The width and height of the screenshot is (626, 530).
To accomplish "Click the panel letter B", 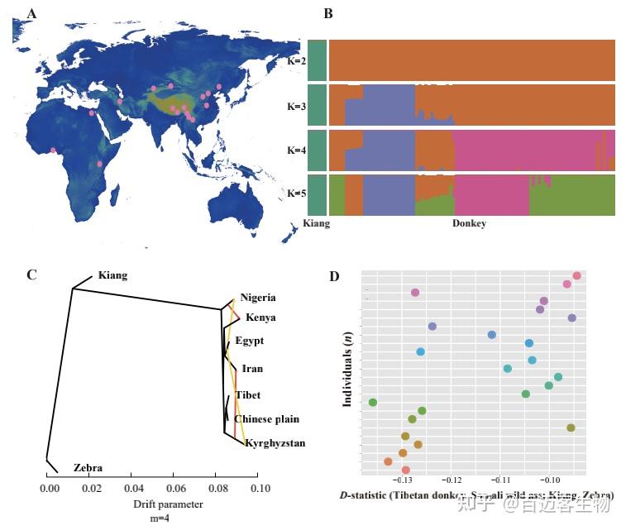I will click(x=328, y=14).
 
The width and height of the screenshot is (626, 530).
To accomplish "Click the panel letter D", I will click(x=334, y=275).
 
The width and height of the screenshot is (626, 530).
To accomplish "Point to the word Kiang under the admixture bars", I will click(x=317, y=224).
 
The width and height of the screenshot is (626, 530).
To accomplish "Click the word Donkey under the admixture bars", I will click(x=469, y=224).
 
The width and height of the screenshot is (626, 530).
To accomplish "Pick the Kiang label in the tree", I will click(x=112, y=275).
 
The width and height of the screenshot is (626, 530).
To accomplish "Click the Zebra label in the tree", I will click(x=88, y=468).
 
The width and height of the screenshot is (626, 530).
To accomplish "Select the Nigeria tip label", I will click(x=258, y=298).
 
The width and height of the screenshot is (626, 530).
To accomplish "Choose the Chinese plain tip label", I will click(x=266, y=419).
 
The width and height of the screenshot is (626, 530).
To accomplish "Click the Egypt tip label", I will click(x=249, y=341).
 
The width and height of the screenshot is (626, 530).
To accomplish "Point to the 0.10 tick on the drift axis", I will click(x=260, y=489).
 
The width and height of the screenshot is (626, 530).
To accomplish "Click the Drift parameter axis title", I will click(x=168, y=504).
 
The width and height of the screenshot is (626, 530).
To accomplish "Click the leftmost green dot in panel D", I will click(x=373, y=403).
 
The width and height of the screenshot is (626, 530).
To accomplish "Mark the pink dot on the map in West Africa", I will click(x=54, y=150).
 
